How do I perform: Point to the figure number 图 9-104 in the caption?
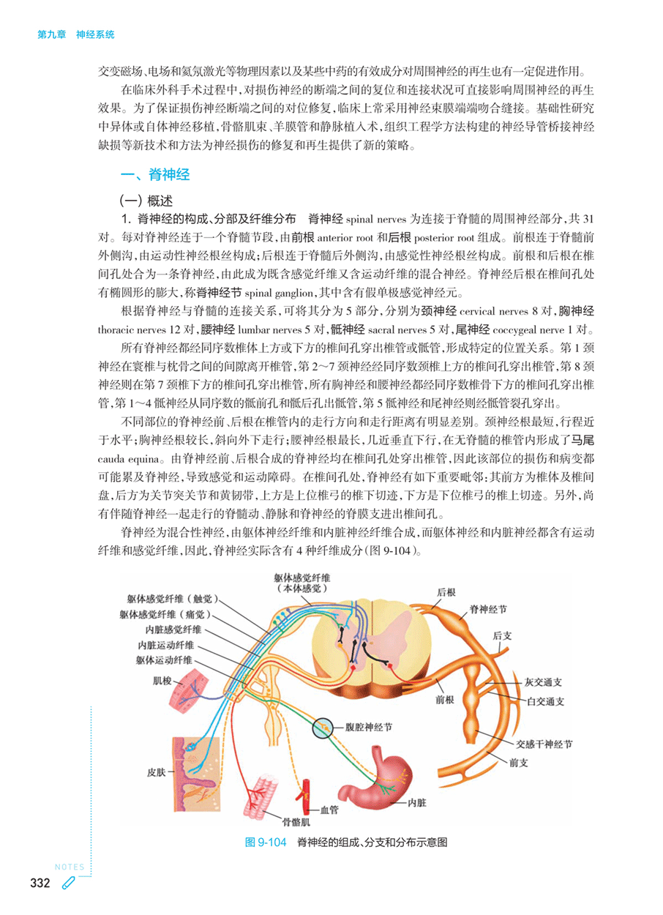coord(264,842)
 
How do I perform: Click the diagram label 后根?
coord(446,591)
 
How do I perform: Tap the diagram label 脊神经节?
coord(488,608)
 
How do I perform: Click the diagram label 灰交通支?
coord(543,681)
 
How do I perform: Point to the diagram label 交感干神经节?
coord(544,744)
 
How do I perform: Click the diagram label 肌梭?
coord(162,681)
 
